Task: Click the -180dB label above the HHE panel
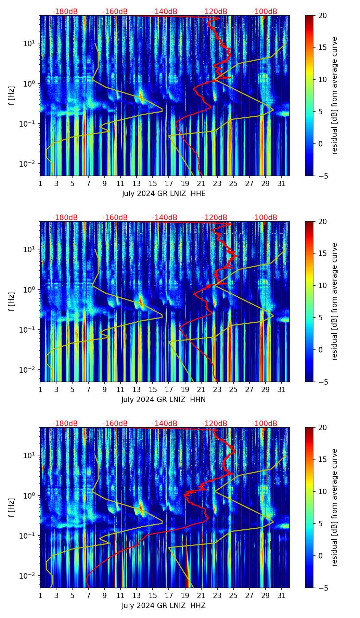click(x=65, y=12)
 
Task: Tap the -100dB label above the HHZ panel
click(x=265, y=424)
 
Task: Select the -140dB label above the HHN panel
click(x=165, y=218)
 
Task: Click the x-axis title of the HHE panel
click(x=164, y=194)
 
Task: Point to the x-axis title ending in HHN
click(x=163, y=400)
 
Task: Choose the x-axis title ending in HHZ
click(x=164, y=606)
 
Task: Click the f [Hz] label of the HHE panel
click(x=12, y=96)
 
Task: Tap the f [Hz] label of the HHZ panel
click(x=12, y=508)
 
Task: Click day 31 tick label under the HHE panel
click(x=282, y=184)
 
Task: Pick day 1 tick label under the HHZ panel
click(x=40, y=596)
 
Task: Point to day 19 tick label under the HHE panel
click(x=185, y=184)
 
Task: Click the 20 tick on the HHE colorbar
click(x=322, y=15)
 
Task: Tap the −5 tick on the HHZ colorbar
click(x=322, y=588)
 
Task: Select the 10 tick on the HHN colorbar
click(x=322, y=285)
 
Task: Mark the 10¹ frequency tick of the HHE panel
click(x=30, y=43)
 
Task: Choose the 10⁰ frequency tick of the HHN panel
click(x=30, y=289)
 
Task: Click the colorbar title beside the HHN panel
click(x=335, y=301)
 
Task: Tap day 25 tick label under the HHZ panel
click(x=233, y=596)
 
